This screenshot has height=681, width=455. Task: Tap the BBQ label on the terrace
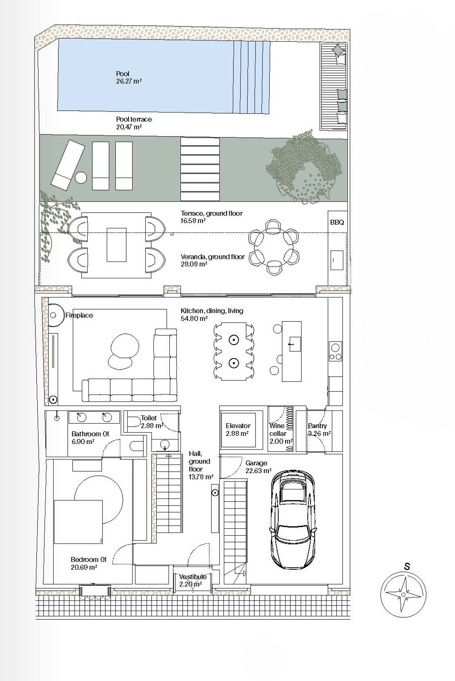pyautogui.click(x=336, y=222)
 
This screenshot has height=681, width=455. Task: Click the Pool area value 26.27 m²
pyautogui.click(x=129, y=81)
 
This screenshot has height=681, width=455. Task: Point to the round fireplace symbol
pyautogui.click(x=54, y=315)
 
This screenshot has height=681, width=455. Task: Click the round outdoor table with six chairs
pyautogui.click(x=273, y=247)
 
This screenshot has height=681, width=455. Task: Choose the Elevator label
pyautogui.click(x=238, y=426)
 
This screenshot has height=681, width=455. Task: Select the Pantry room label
pyautogui.click(x=317, y=426)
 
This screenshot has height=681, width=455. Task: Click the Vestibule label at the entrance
pyautogui.click(x=193, y=577)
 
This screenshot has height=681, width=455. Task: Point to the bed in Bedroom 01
pyautogui.click(x=78, y=522)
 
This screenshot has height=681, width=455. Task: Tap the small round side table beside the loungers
pyautogui.click(x=80, y=178)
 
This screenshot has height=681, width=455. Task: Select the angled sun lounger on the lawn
pyautogui.click(x=68, y=165)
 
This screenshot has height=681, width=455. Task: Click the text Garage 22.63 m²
pyautogui.click(x=258, y=467)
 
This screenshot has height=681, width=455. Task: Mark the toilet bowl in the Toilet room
pyautogui.click(x=133, y=422)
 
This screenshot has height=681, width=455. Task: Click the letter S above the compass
pyautogui.click(x=407, y=567)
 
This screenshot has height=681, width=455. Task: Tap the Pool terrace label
pyautogui.click(x=134, y=119)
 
